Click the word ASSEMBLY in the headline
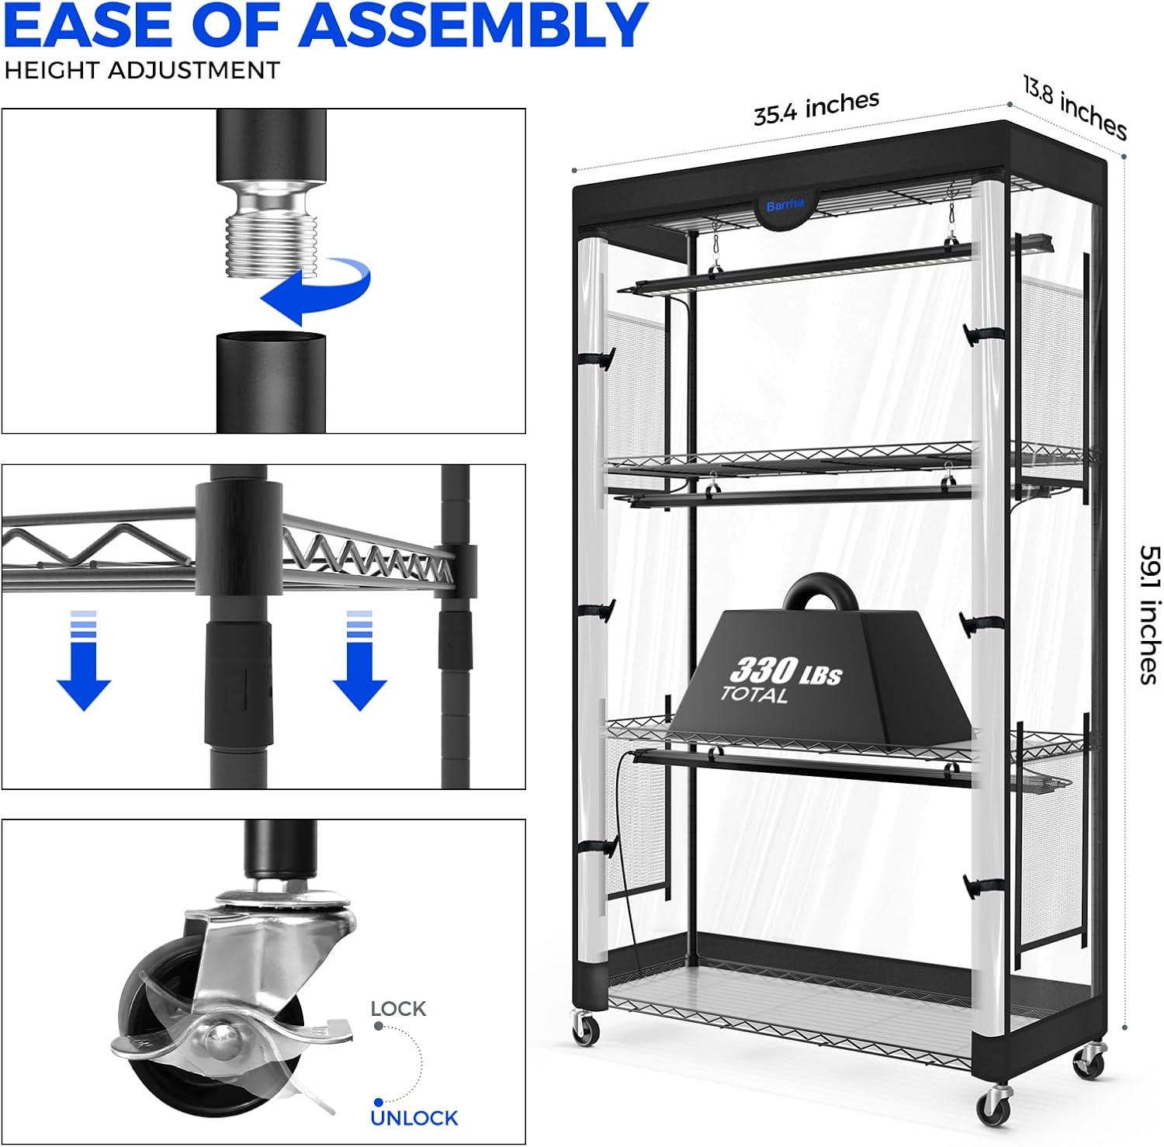point(473,25)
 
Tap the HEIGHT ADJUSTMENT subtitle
point(141,71)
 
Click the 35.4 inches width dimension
point(816,107)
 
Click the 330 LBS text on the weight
point(786,671)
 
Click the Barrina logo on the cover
point(785,206)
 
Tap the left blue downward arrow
point(84,660)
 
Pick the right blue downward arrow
point(359,660)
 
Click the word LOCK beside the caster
point(398,1008)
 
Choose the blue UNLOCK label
point(414,1118)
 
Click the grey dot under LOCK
point(378,1026)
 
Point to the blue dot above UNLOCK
point(378,1102)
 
